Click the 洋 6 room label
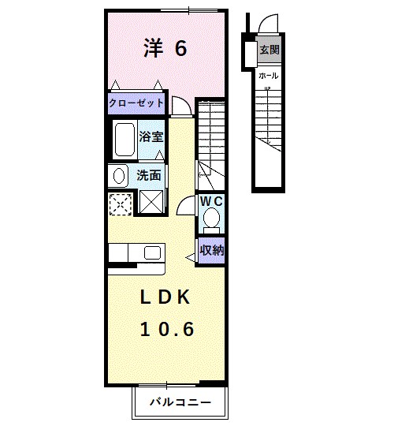(165, 49)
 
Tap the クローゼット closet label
(136, 103)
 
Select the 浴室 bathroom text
(151, 136)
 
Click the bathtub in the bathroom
(124, 140)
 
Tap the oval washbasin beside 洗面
(118, 175)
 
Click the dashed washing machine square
(121, 203)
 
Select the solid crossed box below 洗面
(150, 203)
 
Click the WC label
(210, 202)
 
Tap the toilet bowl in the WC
(210, 222)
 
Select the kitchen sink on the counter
(152, 252)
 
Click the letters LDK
(166, 297)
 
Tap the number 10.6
(167, 329)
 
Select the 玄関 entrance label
(269, 50)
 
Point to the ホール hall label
(268, 76)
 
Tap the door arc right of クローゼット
(181, 105)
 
